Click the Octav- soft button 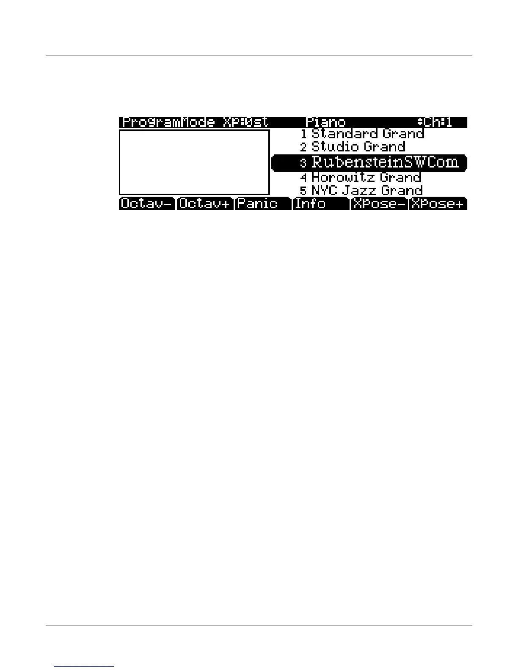click(x=146, y=203)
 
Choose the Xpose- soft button click(x=379, y=203)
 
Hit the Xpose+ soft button click(x=438, y=203)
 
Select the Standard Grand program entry click(x=367, y=134)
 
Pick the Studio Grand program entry click(x=358, y=147)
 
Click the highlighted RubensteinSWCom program click(x=384, y=162)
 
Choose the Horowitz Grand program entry click(x=366, y=177)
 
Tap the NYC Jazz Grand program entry click(x=366, y=190)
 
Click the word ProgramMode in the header click(x=168, y=122)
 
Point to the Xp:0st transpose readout click(x=245, y=122)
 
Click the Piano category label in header click(x=325, y=122)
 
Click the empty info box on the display click(x=194, y=162)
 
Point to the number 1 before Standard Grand click(x=303, y=135)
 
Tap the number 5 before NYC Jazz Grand click(x=303, y=191)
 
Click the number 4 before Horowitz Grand click(x=303, y=177)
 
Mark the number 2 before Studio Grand click(x=303, y=148)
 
